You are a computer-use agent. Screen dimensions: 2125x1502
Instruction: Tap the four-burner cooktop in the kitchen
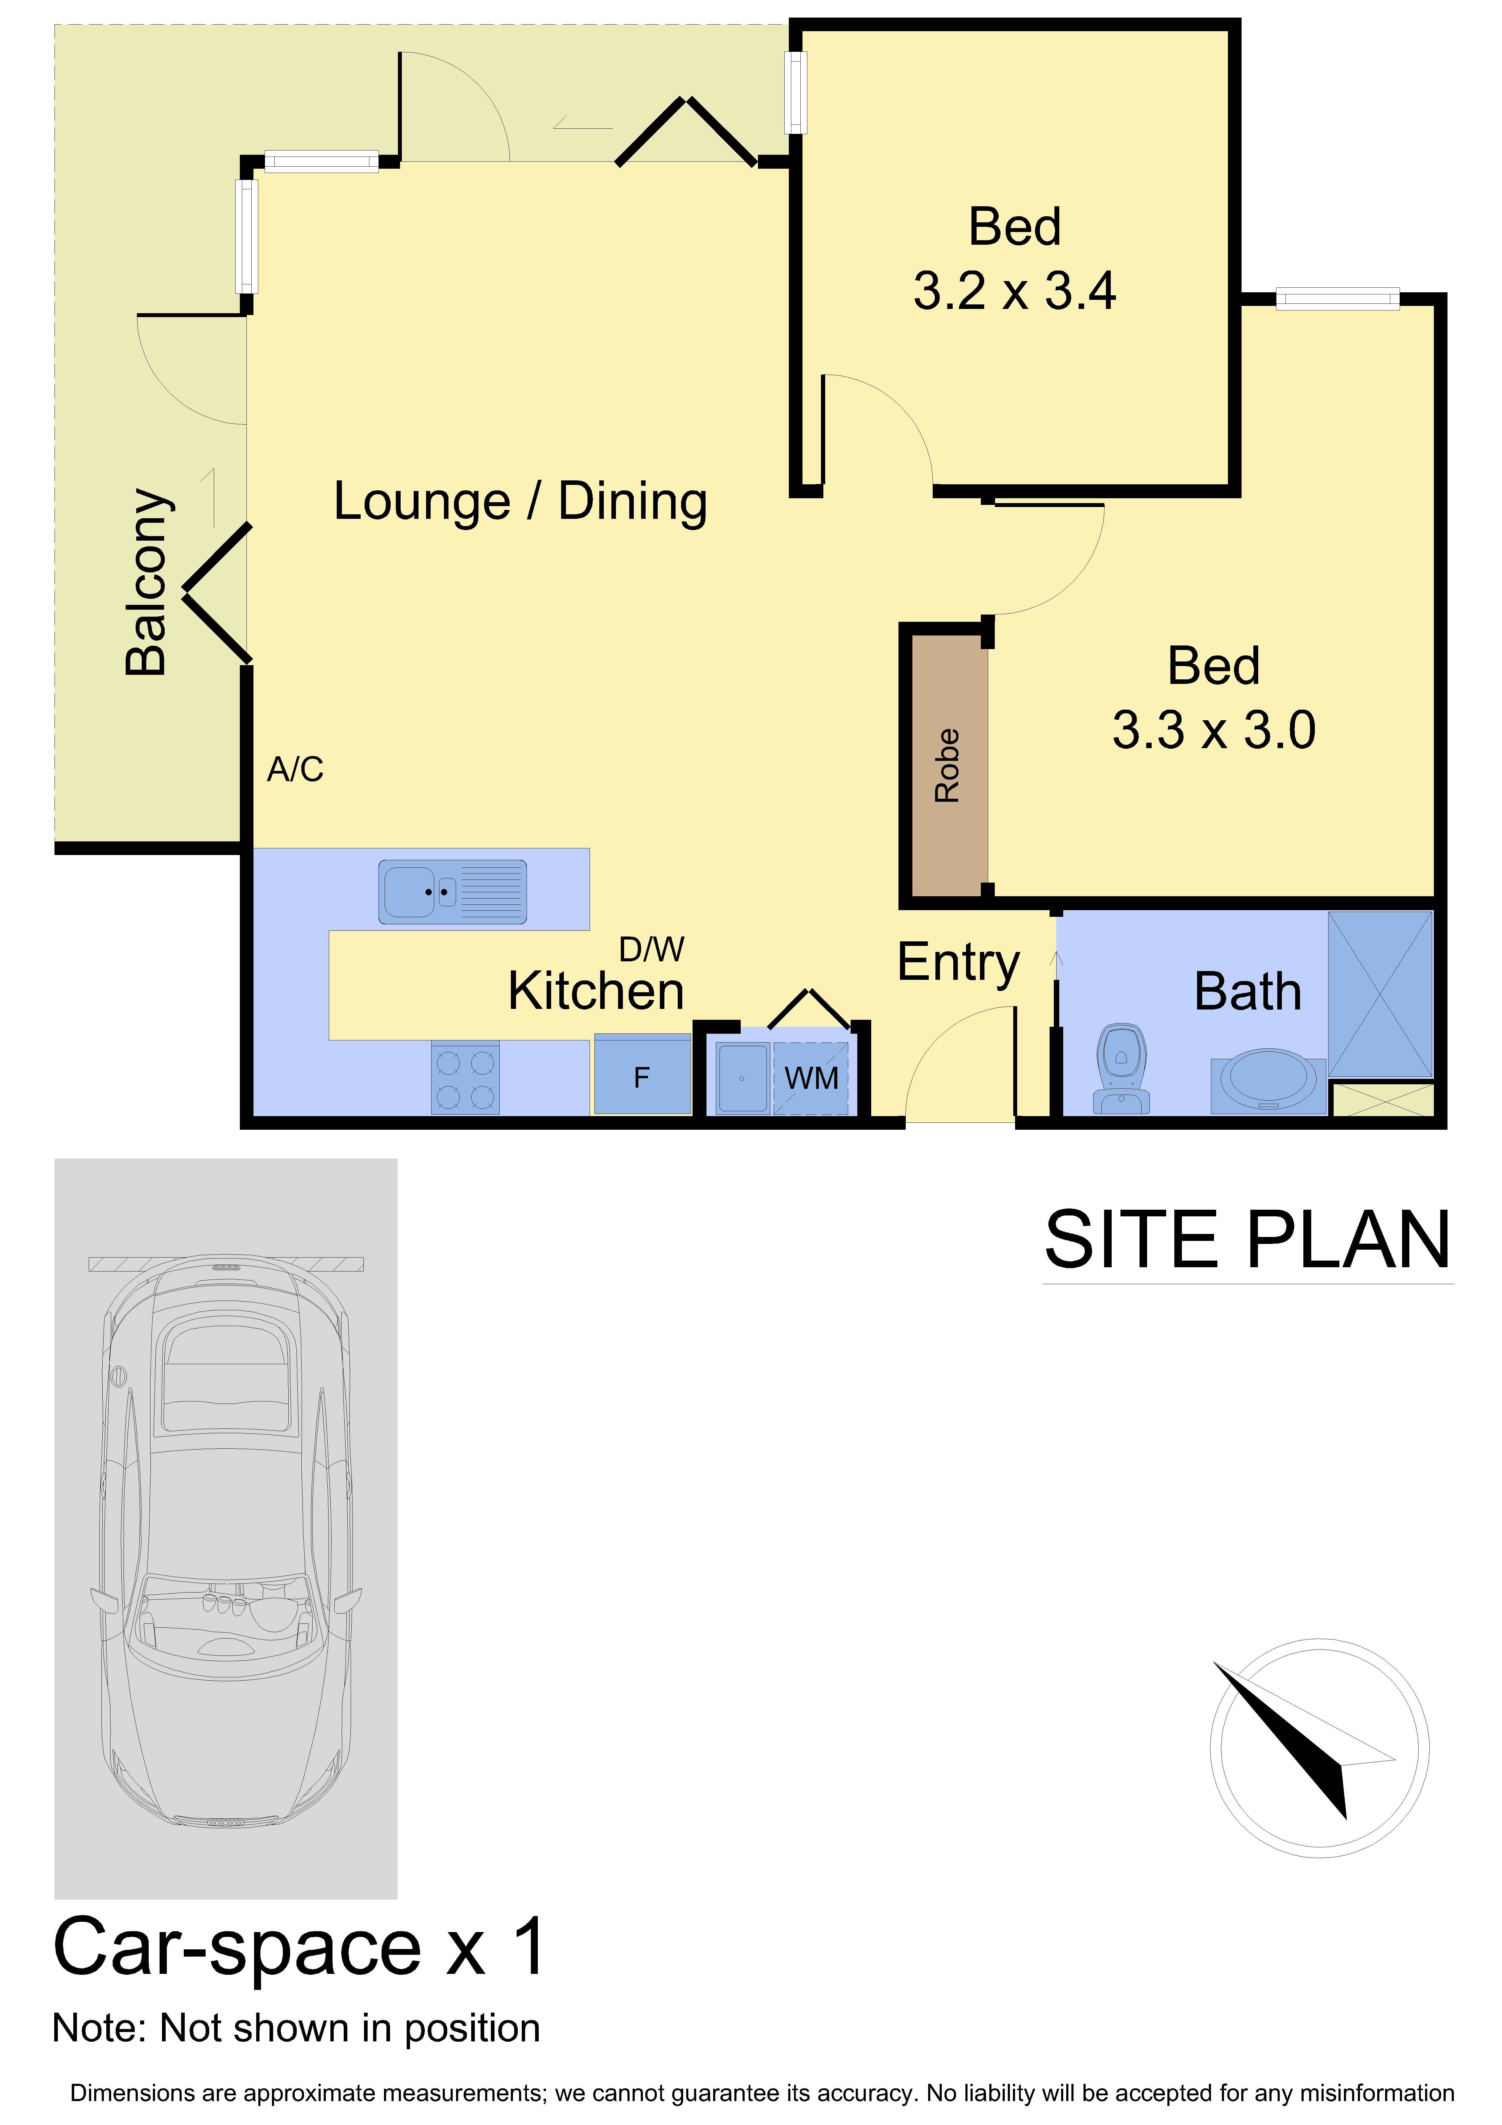(465, 1078)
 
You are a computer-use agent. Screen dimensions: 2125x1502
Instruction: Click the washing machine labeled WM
(811, 1078)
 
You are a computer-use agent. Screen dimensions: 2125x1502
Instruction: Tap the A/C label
(295, 769)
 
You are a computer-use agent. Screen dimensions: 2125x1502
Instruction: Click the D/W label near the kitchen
(651, 949)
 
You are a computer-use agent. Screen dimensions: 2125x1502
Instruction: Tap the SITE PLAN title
(1247, 1240)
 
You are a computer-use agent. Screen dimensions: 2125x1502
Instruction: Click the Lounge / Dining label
(520, 502)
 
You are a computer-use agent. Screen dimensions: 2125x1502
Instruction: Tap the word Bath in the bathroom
(1248, 991)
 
